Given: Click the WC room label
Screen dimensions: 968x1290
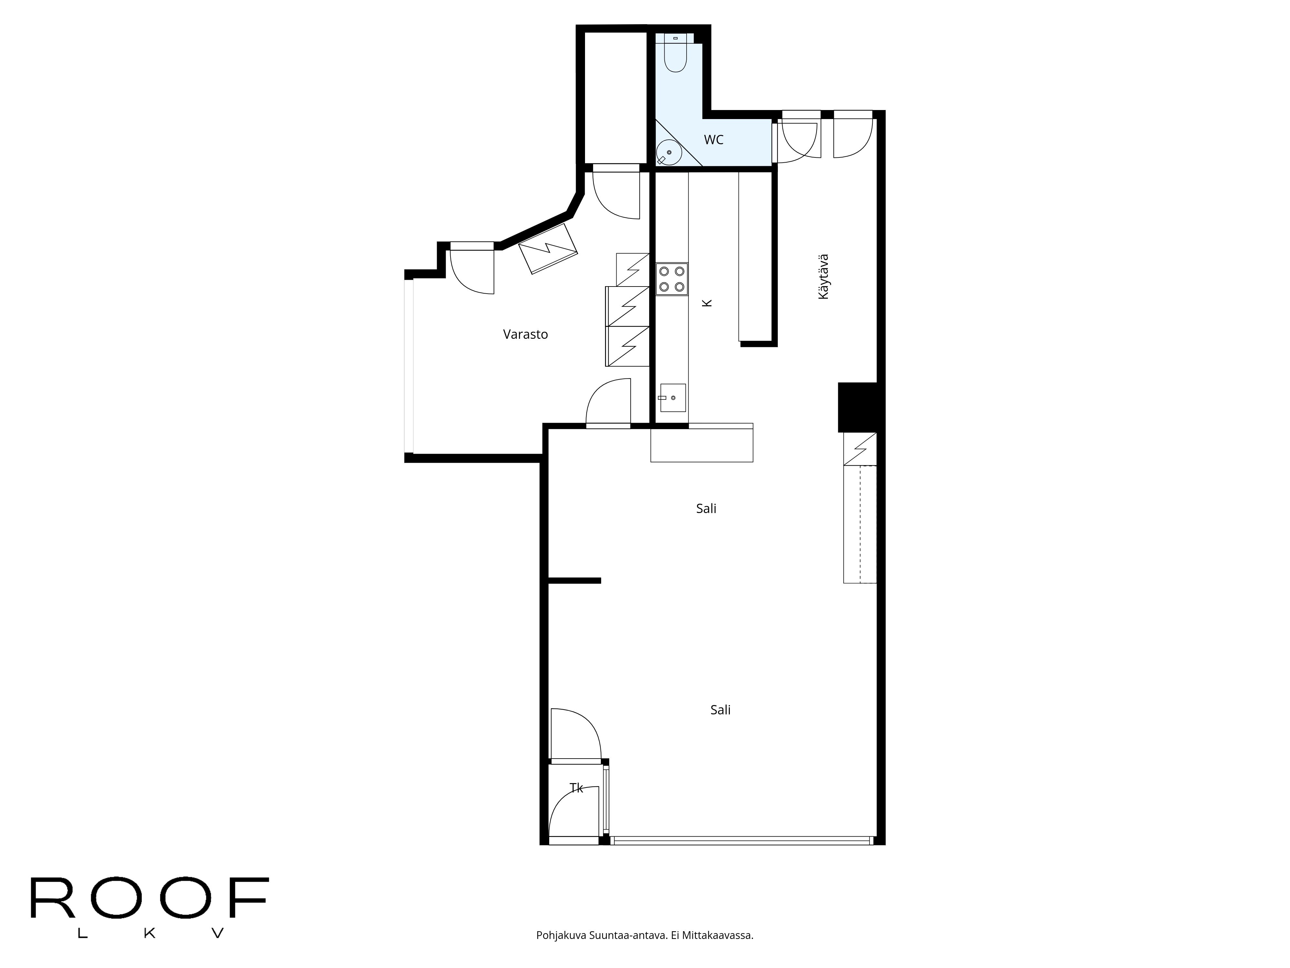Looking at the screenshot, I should coord(713,140).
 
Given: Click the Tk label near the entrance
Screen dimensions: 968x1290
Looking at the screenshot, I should coord(576,788).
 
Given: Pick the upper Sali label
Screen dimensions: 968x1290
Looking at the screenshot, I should coord(706,509).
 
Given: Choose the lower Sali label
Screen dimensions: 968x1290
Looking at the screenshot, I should coord(720,710).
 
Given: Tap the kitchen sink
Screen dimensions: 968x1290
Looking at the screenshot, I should coord(673,398).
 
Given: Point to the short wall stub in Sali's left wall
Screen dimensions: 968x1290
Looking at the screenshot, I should coord(574,580).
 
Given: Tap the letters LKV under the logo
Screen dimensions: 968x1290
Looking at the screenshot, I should coord(150,933).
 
